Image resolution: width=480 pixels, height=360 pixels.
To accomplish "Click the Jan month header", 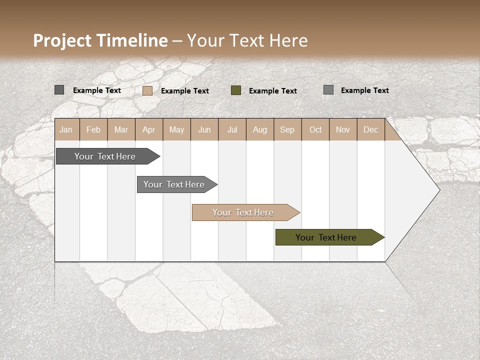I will (x=66, y=130).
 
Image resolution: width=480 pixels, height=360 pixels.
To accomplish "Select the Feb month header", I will (x=93, y=130).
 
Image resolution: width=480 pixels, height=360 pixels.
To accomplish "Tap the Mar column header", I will (x=121, y=130).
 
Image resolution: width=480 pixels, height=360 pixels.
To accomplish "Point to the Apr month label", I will (x=148, y=130).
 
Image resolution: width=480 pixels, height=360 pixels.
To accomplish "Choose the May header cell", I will (x=176, y=130).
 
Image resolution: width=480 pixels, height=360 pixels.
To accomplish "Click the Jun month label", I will (x=204, y=130).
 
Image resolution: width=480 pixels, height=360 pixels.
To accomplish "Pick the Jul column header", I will (x=232, y=130).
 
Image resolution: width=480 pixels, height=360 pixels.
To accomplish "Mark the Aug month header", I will (x=259, y=130).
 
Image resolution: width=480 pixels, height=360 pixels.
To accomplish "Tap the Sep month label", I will (x=287, y=130).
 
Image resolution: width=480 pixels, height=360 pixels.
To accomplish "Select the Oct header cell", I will (x=315, y=130).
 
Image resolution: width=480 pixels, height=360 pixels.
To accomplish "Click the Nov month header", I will (x=343, y=130).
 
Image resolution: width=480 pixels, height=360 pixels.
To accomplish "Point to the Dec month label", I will (x=370, y=130).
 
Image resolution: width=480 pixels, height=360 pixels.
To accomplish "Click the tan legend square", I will (x=147, y=90).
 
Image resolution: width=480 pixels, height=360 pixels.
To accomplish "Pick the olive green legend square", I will (x=236, y=90).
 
